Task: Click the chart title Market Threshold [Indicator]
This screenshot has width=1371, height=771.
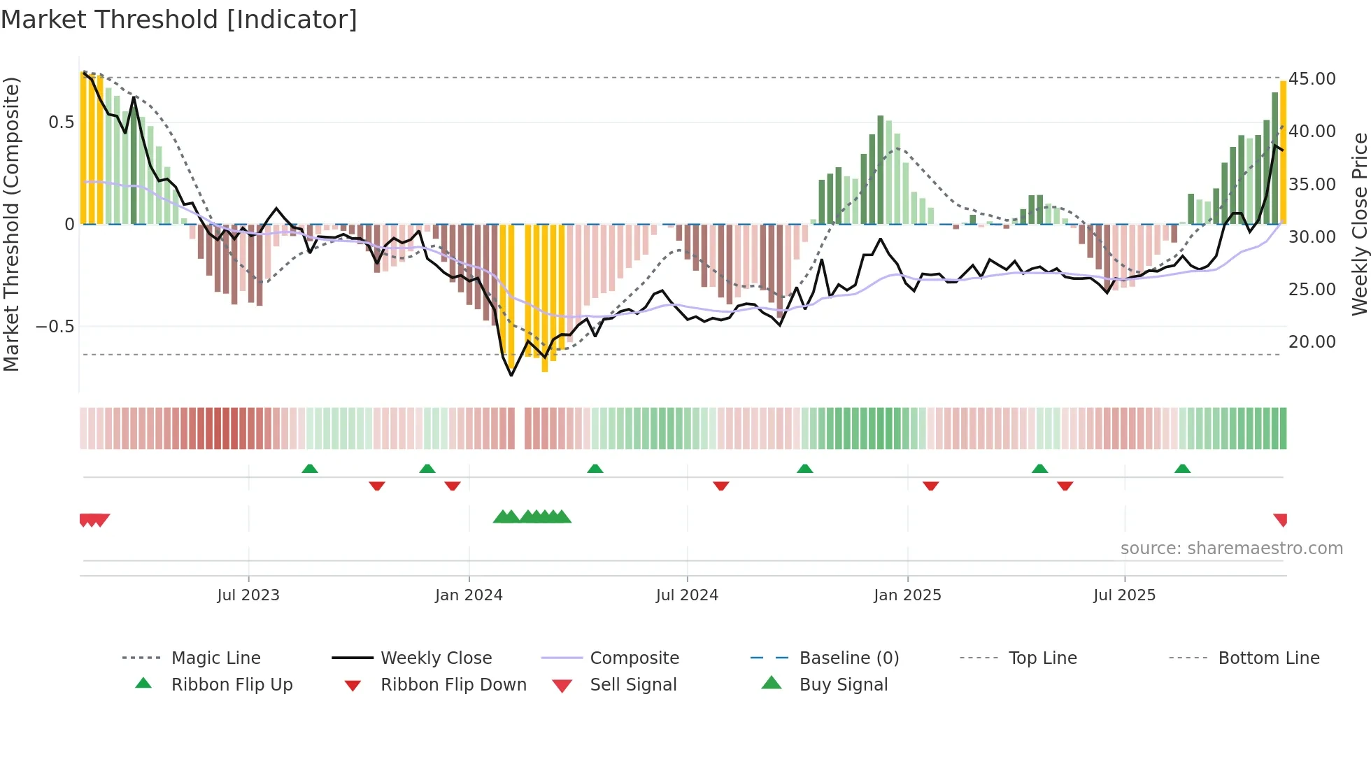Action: click(179, 20)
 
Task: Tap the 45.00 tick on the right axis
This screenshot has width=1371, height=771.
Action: click(1312, 79)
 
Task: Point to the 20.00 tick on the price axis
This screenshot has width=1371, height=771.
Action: click(1312, 342)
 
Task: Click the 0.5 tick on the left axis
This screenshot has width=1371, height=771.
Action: click(61, 122)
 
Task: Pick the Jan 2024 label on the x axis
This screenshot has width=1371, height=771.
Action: click(469, 595)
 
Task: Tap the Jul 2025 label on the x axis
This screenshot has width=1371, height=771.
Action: click(1124, 595)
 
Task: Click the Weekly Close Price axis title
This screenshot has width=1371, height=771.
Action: click(1359, 224)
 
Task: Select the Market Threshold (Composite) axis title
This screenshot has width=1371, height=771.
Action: click(11, 224)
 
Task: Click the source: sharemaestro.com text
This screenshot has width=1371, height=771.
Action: click(1231, 549)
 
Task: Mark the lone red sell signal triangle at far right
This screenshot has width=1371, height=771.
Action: click(1281, 520)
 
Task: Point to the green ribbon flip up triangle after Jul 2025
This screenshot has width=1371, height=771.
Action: click(1182, 469)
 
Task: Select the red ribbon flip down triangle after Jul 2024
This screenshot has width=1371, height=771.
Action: click(720, 486)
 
